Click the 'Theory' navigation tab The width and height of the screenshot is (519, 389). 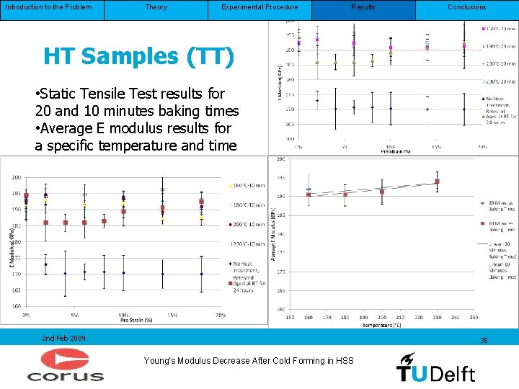coord(156,7)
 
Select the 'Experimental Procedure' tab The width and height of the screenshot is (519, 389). coord(259,7)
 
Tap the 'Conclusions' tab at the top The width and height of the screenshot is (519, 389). coord(466,7)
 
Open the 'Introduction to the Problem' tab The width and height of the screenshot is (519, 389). coord(48,7)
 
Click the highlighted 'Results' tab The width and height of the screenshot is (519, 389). coord(363,7)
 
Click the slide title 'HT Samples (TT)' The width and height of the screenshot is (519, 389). coord(138,56)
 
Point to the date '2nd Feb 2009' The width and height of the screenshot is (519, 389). coord(63,338)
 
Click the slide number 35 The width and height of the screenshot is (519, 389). coord(484,340)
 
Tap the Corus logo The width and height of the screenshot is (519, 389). coord(66,365)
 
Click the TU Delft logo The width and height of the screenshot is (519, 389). coord(435,367)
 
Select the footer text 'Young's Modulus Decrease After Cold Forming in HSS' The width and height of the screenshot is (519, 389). coord(249,360)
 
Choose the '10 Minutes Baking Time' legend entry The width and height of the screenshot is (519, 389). coord(497,227)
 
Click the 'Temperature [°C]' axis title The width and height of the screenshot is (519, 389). coord(368,326)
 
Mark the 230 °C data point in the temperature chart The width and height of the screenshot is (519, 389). coord(437,182)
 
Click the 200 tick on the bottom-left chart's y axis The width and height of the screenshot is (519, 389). coord(16,177)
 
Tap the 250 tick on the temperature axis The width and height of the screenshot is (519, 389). coord(473,317)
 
